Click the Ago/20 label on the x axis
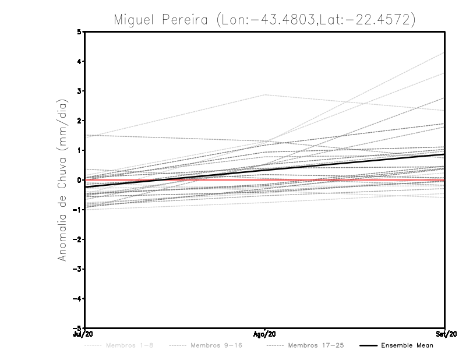[x=265, y=334]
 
